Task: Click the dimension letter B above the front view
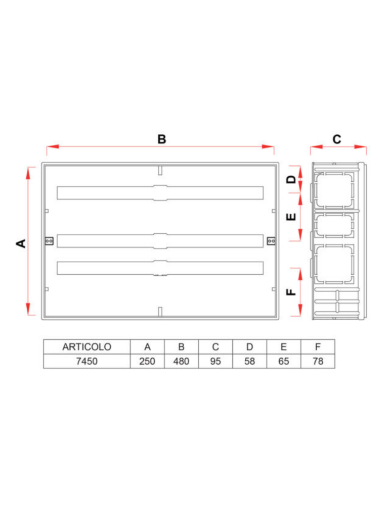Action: (x=161, y=139)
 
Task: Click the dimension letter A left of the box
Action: (x=21, y=243)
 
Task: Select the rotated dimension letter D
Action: (x=291, y=180)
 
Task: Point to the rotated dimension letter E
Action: (x=291, y=217)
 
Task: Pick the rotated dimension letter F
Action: (x=291, y=292)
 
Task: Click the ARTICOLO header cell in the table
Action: (x=86, y=347)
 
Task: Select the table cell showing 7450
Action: (x=86, y=362)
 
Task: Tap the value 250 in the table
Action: (x=147, y=362)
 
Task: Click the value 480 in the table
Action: (x=181, y=362)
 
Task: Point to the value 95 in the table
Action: (x=215, y=362)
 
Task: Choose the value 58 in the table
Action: (x=249, y=362)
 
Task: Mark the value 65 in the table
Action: (x=283, y=362)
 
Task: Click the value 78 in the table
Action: (x=317, y=362)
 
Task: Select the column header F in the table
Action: (x=317, y=347)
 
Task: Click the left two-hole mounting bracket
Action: (x=49, y=241)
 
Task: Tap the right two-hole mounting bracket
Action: (x=271, y=241)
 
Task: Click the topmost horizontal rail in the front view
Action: (x=160, y=193)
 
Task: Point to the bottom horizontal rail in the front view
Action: (x=160, y=268)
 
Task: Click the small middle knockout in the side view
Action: (x=334, y=226)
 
